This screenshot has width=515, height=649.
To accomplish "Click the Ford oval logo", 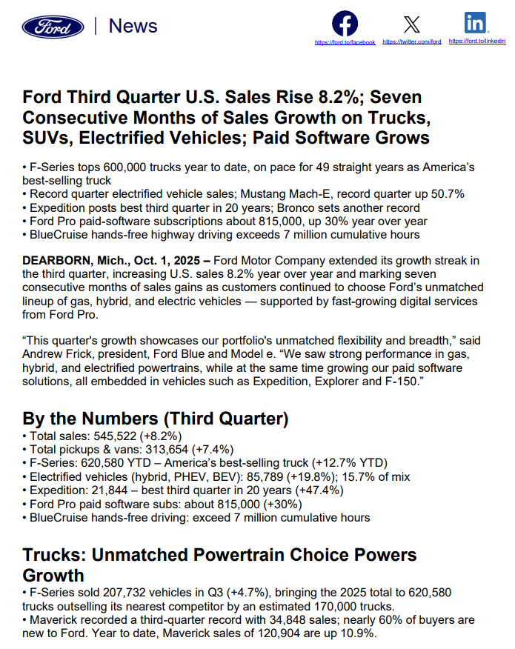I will pyautogui.click(x=53, y=27).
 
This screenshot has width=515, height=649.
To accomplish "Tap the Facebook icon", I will pyautogui.click(x=345, y=24).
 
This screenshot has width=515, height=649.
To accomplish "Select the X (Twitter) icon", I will pyautogui.click(x=411, y=24).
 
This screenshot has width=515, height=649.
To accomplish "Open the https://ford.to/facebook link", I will pyautogui.click(x=345, y=42).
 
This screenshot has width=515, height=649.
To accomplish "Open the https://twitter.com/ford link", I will pyautogui.click(x=412, y=42).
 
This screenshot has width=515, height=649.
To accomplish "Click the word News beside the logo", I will pyautogui.click(x=133, y=26).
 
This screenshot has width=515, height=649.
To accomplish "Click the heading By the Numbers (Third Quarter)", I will pyautogui.click(x=156, y=419).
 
